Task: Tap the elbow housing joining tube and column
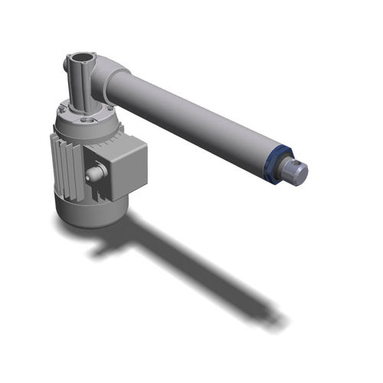click(x=107, y=73)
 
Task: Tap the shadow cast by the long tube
click(x=214, y=276)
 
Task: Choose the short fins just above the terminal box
click(x=103, y=134)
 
